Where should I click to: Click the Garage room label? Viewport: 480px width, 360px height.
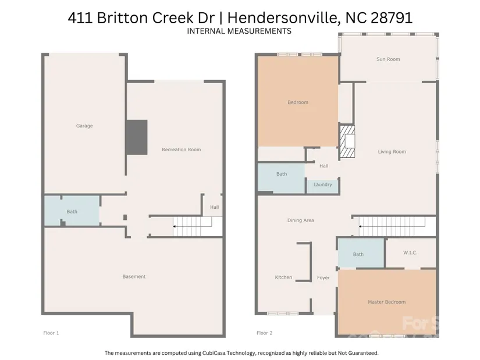pos(84,126)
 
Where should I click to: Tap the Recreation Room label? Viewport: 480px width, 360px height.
pos(182,149)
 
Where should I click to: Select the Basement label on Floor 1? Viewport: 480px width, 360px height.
pos(134,276)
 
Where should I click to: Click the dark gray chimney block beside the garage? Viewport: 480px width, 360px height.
pos(137,137)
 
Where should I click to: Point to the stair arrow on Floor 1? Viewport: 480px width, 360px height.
pos(193,227)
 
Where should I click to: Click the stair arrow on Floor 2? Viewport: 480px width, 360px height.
pos(392,227)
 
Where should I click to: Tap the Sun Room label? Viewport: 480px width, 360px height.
pos(388,59)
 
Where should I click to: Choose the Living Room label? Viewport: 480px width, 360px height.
pos(392,152)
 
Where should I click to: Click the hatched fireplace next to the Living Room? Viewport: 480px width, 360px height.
pos(347,141)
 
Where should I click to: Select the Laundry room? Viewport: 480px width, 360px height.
pos(323,187)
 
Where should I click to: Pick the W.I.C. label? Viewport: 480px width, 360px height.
pos(410,253)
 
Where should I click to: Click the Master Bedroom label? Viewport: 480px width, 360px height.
pos(387,302)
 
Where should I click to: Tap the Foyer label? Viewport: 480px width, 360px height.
pos(323,277)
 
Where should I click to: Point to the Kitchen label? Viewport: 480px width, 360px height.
pos(283,277)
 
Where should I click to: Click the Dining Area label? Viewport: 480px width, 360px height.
pos(301,220)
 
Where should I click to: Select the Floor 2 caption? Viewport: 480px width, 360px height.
pos(265,333)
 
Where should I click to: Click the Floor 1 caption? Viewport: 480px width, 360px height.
pos(51,333)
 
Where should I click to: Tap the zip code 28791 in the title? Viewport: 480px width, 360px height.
pos(392,18)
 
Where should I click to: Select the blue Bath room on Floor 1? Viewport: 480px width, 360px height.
pos(72,211)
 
